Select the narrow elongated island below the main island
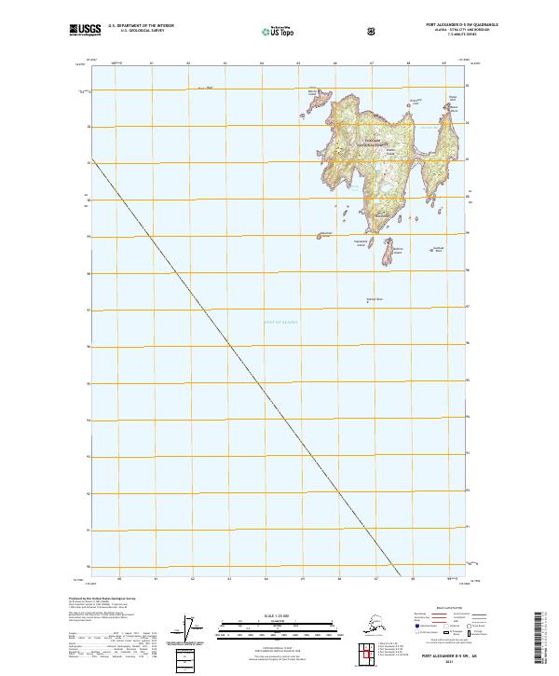coord(388,253)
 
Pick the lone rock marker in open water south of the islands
coord(369,302)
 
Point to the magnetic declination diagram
coord(194,629)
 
